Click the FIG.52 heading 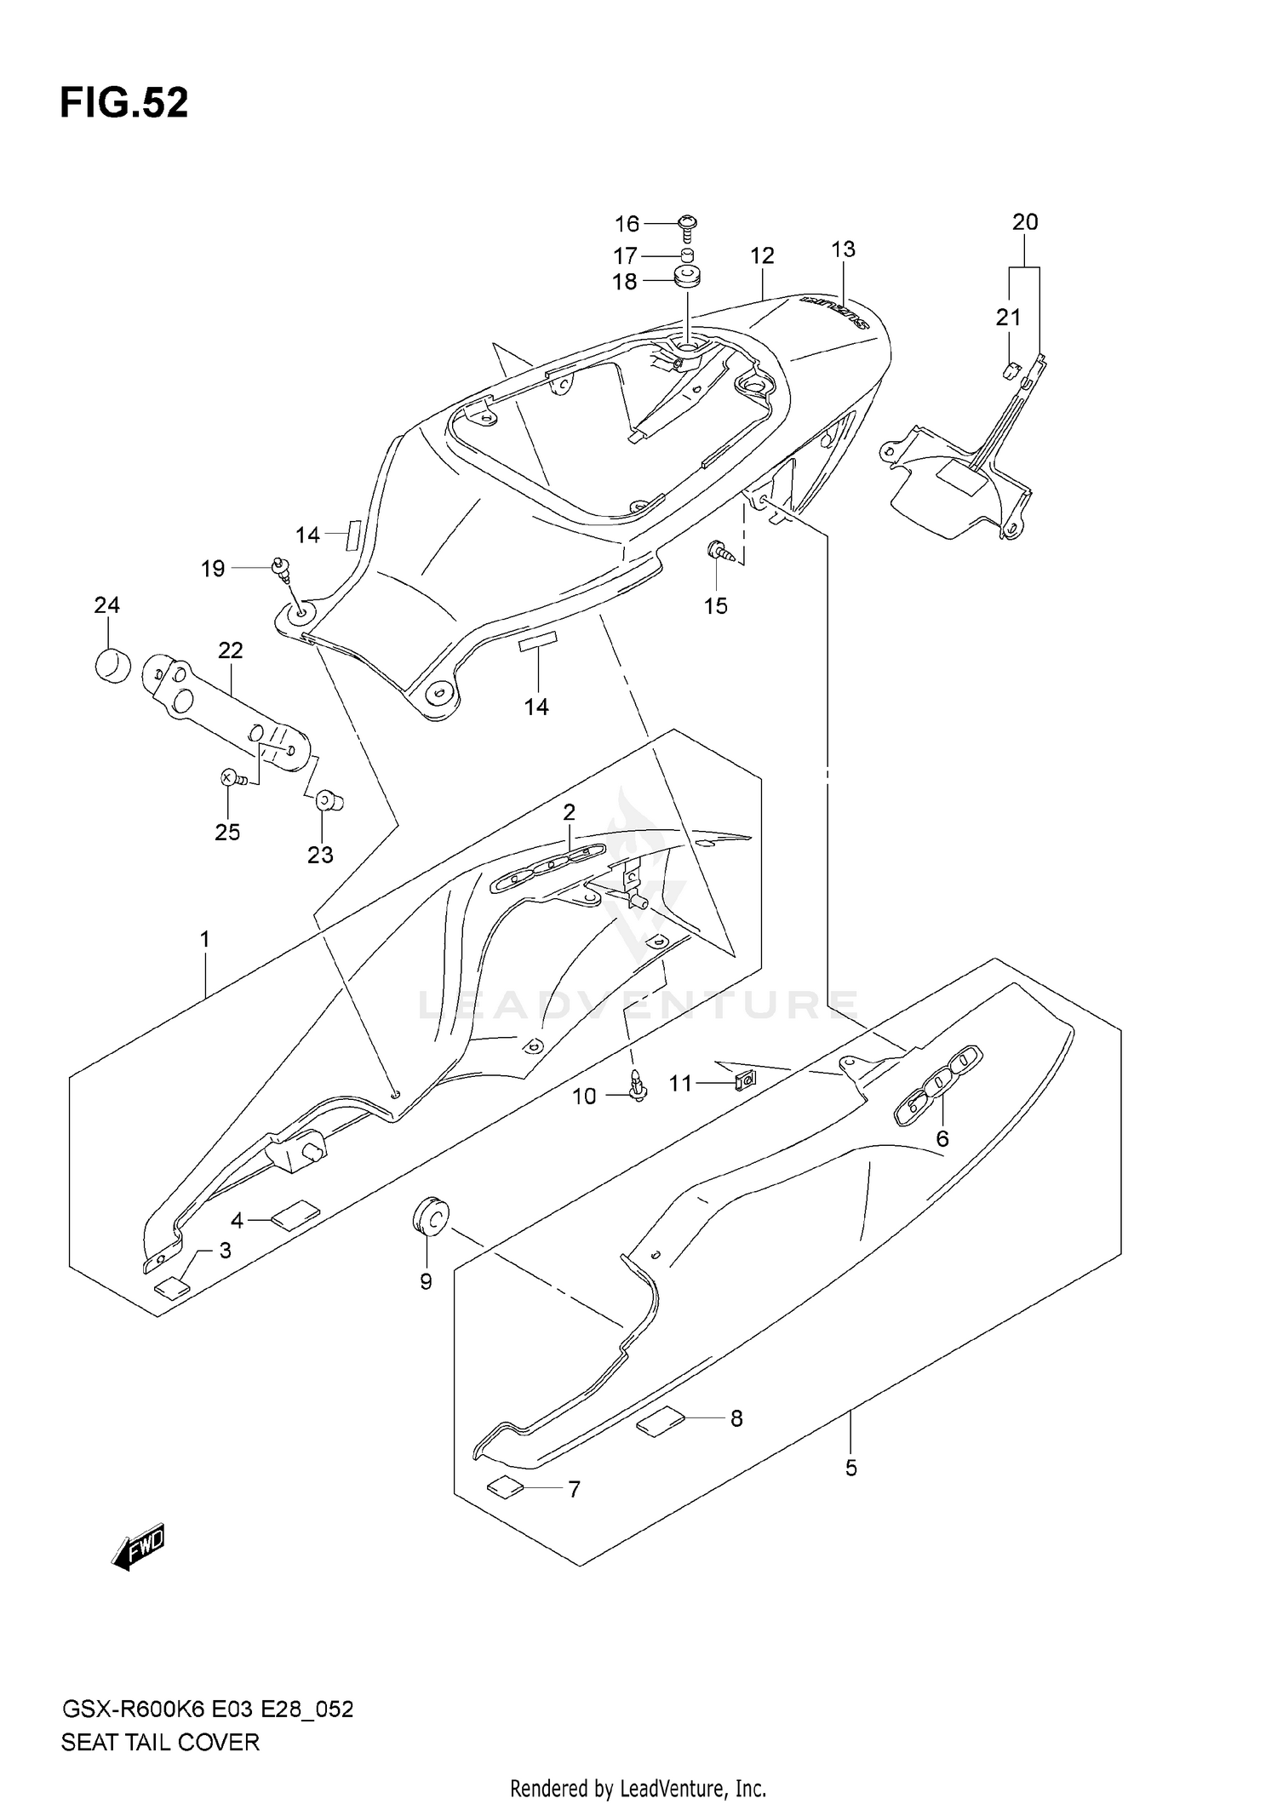[x=124, y=103]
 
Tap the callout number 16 [x=627, y=224]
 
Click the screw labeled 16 [x=686, y=224]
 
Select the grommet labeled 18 [x=686, y=278]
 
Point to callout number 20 [x=1025, y=222]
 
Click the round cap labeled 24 [x=112, y=664]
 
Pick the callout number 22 [x=231, y=650]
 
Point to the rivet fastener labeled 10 [x=636, y=1085]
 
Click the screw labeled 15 [x=718, y=550]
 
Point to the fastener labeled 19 [x=280, y=567]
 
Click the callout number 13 [x=842, y=249]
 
